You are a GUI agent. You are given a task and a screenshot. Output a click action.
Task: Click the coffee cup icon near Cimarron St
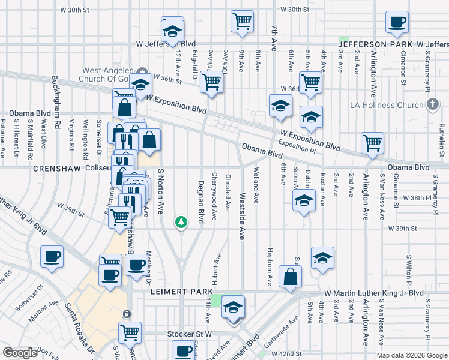coord(396,23)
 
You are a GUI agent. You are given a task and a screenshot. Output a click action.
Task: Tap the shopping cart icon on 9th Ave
coord(242,21)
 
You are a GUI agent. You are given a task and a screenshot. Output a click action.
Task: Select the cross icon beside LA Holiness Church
coord(432,105)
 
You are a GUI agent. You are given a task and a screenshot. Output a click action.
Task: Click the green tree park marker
coord(181,223)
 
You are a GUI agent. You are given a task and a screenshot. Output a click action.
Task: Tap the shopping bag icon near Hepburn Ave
coord(290,277)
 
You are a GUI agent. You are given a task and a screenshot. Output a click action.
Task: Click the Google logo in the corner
coord(20,353)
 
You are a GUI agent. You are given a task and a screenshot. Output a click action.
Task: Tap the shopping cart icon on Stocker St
coord(130,331)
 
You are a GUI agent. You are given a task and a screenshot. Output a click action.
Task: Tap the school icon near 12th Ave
coord(172,30)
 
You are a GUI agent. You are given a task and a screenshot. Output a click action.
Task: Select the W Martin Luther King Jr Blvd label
coord(373,293)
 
